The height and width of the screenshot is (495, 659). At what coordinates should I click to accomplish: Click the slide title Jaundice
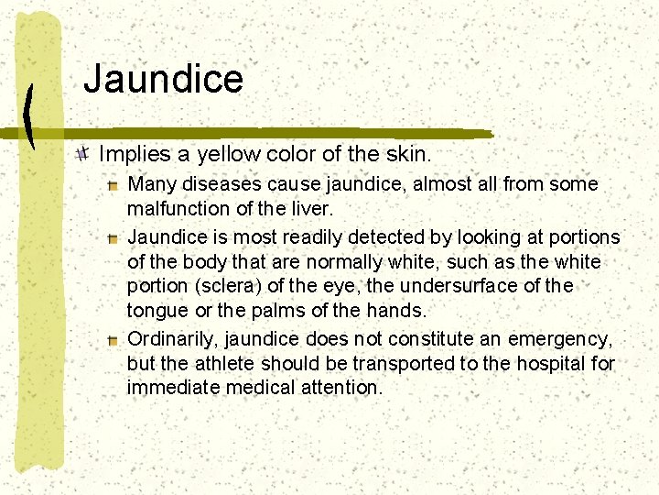coord(163,79)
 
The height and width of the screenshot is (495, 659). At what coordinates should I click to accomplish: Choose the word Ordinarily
coord(171,338)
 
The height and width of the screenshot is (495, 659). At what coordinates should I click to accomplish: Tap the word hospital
coord(553,363)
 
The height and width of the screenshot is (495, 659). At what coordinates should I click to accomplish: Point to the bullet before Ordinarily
coord(112,340)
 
